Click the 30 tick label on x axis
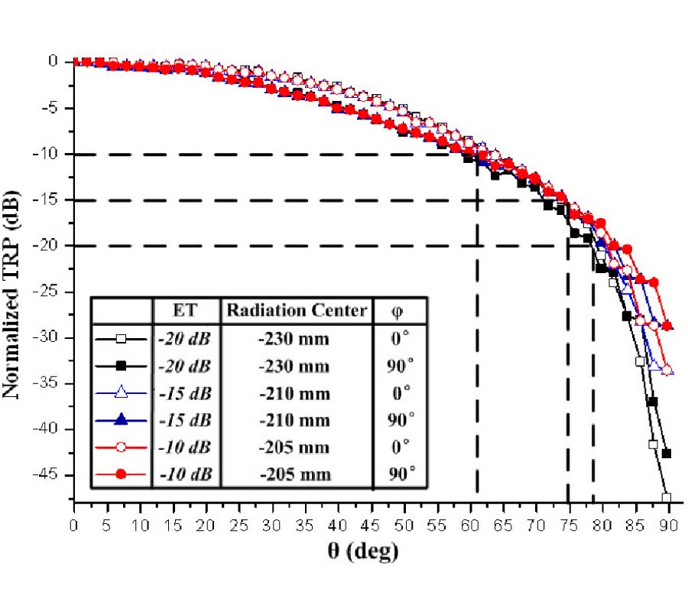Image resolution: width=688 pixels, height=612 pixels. tap(272, 526)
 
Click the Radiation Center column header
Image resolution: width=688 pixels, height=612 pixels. tap(296, 311)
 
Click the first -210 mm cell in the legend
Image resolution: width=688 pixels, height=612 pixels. tap(296, 394)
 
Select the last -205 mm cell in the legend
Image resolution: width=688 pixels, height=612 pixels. tap(296, 475)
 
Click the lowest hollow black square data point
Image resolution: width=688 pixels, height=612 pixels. tap(667, 498)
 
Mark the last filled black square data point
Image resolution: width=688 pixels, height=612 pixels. tap(667, 453)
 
